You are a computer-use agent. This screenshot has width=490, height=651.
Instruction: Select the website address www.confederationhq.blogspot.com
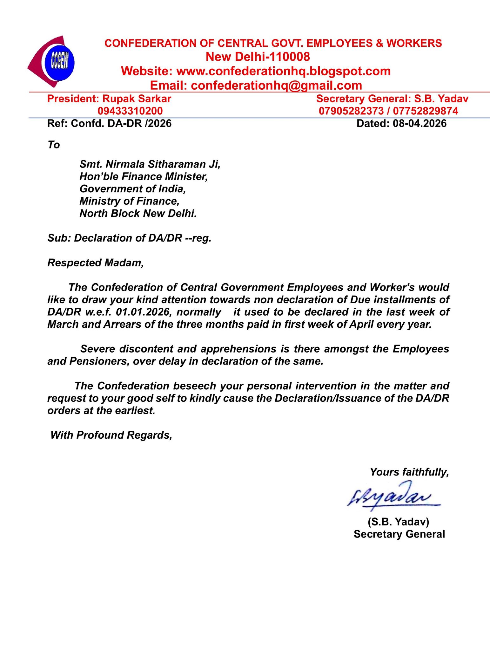[283, 71]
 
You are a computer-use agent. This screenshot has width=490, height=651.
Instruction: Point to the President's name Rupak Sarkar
[137, 99]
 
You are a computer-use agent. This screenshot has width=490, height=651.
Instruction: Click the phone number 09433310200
[130, 111]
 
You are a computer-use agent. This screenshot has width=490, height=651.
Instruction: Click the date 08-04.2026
[420, 123]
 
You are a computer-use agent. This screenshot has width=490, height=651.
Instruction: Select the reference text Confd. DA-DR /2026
[121, 123]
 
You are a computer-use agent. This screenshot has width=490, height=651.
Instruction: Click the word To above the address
[54, 145]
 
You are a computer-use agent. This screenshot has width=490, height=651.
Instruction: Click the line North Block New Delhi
[138, 213]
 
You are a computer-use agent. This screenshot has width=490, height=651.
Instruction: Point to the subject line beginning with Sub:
[129, 238]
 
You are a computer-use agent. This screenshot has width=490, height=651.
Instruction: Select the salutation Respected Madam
[95, 263]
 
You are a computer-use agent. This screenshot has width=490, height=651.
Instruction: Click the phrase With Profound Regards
[111, 435]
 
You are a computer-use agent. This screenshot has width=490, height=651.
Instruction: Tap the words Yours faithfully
[409, 472]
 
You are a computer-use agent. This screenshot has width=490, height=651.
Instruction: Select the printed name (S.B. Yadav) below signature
[399, 522]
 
